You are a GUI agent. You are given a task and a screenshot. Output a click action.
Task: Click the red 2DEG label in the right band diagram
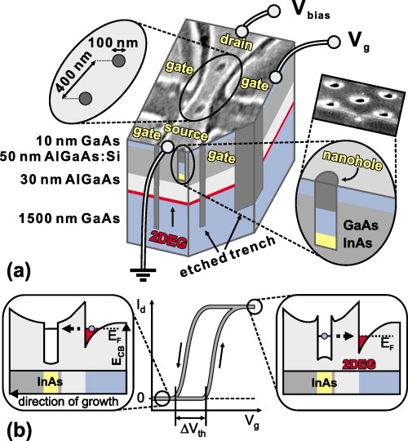pos(353,365)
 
